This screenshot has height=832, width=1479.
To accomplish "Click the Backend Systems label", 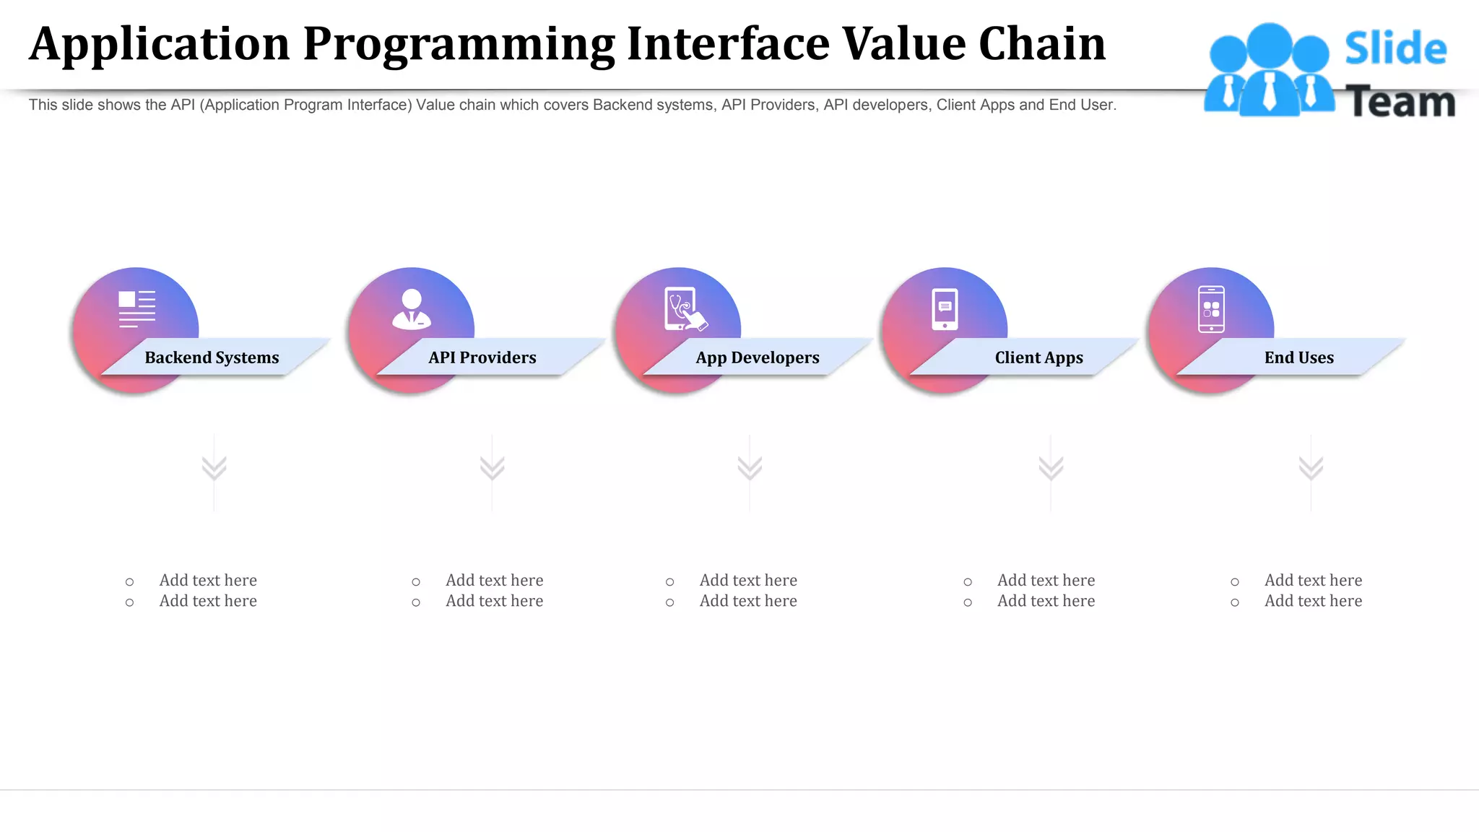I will point(212,357).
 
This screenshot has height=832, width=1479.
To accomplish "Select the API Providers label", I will point(482,357).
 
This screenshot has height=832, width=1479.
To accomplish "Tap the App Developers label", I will point(757,357).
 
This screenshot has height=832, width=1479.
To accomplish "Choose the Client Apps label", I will point(1038,357).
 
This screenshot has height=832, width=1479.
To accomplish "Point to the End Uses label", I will point(1298,357).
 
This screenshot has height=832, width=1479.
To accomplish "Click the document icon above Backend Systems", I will point(136,309).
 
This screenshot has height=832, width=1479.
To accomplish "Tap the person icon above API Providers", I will point(412,309).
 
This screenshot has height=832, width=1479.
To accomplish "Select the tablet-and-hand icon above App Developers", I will point(684,309).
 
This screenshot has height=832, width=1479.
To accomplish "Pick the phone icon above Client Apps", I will point(945,309).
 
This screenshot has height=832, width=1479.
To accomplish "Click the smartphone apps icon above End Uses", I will point(1211,309).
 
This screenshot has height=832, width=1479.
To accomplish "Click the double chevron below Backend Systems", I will point(214,468).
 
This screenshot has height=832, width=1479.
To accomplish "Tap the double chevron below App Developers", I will point(750,468).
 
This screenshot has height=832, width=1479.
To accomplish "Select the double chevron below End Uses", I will point(1311,468).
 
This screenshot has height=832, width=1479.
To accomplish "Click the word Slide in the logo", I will point(1395,48).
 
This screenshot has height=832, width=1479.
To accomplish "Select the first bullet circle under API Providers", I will point(416,582).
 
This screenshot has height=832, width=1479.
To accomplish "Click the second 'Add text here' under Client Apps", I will point(1046,601).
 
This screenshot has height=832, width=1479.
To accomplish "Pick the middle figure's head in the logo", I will point(1269,45).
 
